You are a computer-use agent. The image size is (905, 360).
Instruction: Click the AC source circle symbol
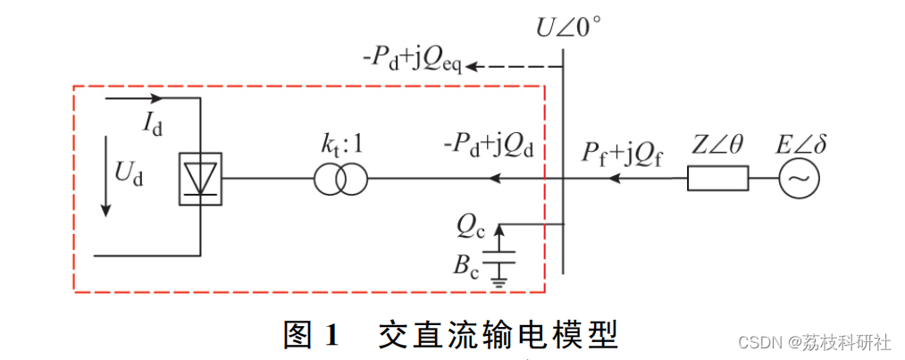click(796, 180)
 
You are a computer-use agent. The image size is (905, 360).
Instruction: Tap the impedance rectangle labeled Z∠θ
click(717, 180)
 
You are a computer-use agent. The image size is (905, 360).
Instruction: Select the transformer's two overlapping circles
click(340, 180)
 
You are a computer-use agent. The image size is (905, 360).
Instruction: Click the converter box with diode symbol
click(201, 180)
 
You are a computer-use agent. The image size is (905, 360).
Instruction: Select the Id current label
click(153, 123)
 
